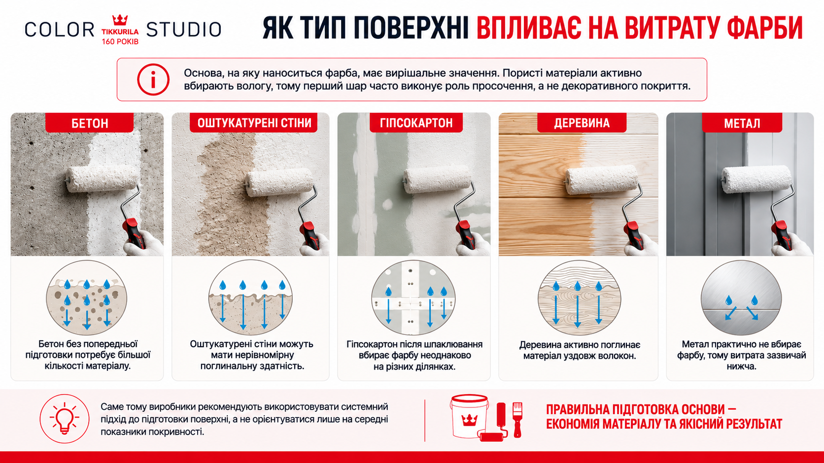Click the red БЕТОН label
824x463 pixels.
[x=89, y=123]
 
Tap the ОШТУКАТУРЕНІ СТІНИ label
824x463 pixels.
[x=254, y=123]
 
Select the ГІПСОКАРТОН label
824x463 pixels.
[x=416, y=123]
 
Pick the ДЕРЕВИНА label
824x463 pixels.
[x=582, y=123]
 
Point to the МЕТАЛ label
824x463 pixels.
[x=742, y=123]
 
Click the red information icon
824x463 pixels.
[x=153, y=79]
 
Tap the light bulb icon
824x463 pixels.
[x=65, y=419]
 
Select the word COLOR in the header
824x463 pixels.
[x=60, y=30]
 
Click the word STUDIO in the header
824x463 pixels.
[x=183, y=30]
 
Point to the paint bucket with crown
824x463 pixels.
[x=469, y=416]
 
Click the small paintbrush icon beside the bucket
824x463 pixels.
[x=517, y=419]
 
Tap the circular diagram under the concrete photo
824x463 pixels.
[x=86, y=298]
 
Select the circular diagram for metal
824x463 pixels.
[x=741, y=298]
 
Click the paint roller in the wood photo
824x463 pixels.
[x=603, y=206]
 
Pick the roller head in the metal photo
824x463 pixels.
[x=756, y=179]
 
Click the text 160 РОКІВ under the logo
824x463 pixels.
[x=120, y=41]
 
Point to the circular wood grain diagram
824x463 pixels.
[x=580, y=298]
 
